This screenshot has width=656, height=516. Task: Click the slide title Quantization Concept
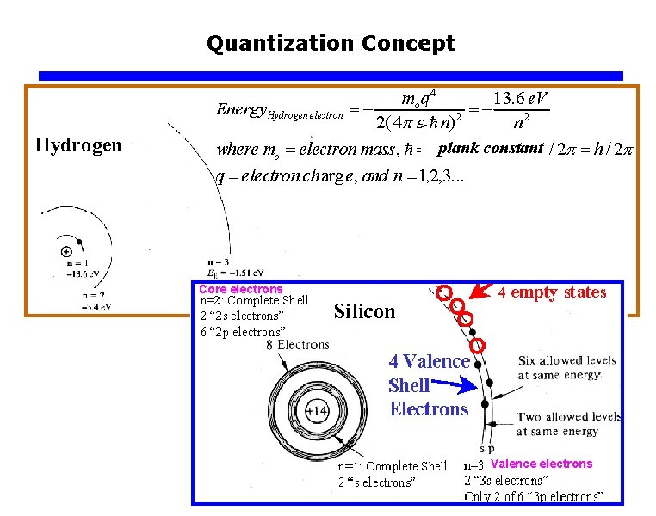click(331, 43)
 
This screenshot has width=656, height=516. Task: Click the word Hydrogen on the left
click(78, 145)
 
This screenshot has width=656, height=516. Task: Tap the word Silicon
click(364, 311)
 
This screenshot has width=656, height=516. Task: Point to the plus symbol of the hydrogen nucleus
click(66, 252)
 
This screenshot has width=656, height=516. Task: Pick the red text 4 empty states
click(552, 292)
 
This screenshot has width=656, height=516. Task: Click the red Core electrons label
click(240, 289)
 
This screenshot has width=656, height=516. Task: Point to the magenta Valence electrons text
click(542, 464)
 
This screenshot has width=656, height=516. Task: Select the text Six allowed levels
click(567, 360)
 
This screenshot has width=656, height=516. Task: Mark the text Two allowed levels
click(568, 417)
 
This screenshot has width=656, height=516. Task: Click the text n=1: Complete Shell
click(393, 466)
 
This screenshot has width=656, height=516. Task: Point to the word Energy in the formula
click(241, 109)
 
